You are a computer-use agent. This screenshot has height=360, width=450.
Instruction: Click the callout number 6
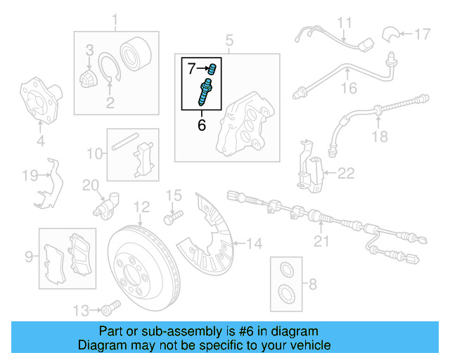[202, 126]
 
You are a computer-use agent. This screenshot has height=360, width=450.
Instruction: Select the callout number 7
[192, 68]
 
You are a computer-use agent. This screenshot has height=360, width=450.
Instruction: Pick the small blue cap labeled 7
[212, 68]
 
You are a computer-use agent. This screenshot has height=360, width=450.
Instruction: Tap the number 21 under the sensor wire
[321, 243]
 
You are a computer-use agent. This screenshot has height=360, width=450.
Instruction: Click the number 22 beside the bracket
[346, 172]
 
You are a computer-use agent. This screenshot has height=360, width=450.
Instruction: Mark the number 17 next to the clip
[420, 33]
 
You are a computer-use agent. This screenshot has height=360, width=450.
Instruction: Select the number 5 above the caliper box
[229, 40]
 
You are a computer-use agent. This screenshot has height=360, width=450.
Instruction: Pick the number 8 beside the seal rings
[313, 285]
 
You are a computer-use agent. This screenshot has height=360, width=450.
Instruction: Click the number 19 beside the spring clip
[29, 175]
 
